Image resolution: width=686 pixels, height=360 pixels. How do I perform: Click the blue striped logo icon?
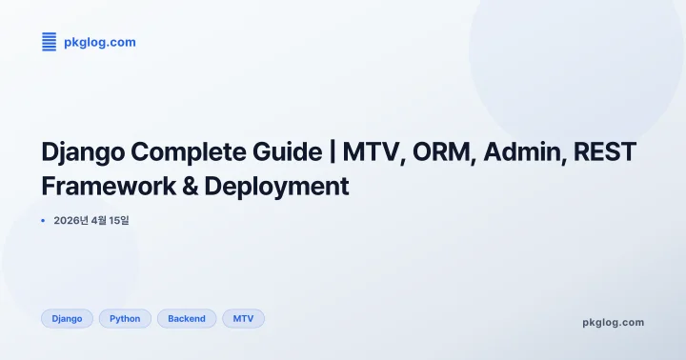tap(49, 42)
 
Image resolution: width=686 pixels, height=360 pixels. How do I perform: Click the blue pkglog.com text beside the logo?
tap(99, 42)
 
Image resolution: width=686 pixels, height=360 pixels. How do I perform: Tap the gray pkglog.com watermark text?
tap(613, 323)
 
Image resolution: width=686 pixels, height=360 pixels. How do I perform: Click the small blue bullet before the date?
tap(44, 221)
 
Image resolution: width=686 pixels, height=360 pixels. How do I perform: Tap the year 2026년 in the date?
tap(71, 221)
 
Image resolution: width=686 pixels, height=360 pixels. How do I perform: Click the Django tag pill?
tap(67, 319)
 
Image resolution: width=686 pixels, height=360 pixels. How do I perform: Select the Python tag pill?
tap(125, 319)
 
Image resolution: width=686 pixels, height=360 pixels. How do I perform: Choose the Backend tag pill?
tap(187, 319)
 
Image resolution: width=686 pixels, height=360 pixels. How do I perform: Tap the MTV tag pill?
tap(243, 319)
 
